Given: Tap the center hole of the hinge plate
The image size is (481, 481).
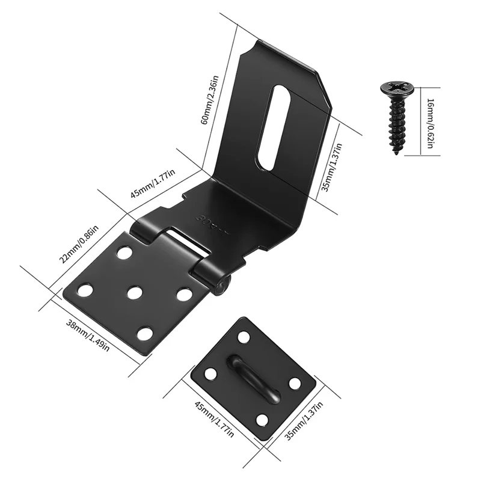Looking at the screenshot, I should pyautogui.click(x=133, y=293).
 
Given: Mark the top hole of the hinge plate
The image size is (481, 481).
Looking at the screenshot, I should pyautogui.click(x=124, y=253).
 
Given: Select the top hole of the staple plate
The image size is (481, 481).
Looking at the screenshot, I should pyautogui.click(x=244, y=337).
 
